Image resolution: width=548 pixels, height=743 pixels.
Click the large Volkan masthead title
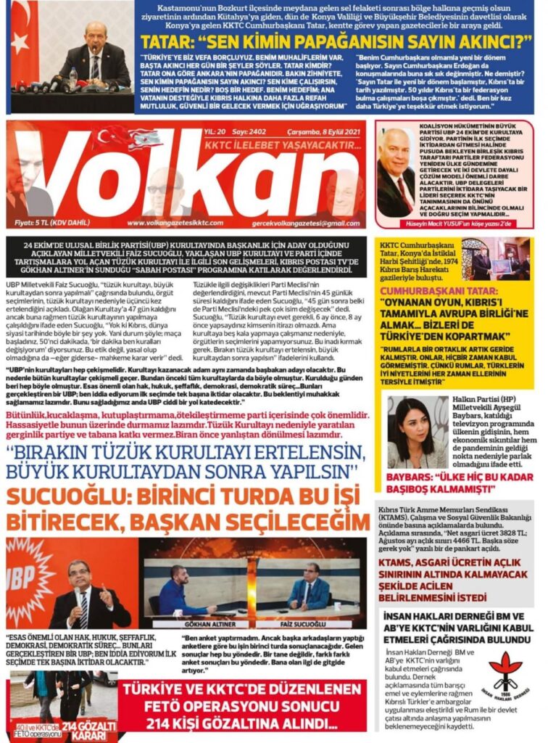185,178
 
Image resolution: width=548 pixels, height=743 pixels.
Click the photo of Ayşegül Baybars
416,432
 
